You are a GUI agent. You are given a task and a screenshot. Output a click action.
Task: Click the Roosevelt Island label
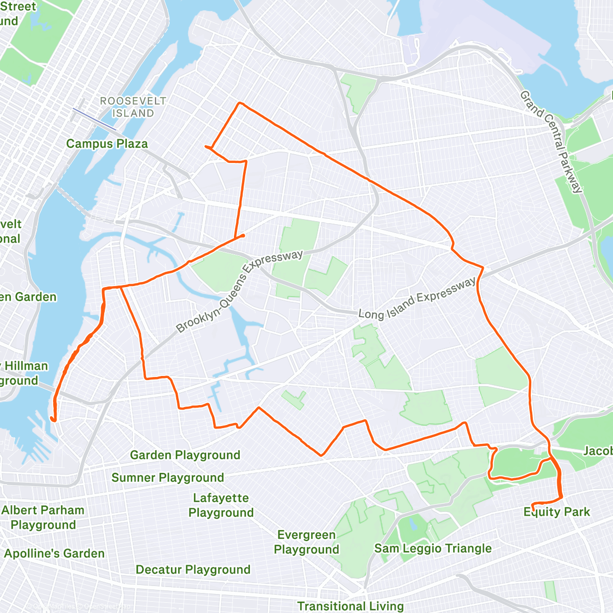133,107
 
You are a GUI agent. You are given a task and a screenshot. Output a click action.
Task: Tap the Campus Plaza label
107,144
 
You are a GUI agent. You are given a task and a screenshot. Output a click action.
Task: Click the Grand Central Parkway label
552,142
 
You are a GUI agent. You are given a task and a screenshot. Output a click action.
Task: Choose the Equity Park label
557,512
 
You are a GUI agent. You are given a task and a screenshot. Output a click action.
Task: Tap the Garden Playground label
185,455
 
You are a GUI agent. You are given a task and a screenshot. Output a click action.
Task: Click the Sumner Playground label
168,478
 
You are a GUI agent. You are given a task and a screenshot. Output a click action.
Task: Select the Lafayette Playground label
221,505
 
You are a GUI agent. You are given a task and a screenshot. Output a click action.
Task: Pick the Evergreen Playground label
306,542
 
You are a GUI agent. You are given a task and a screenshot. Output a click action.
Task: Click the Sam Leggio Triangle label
433,549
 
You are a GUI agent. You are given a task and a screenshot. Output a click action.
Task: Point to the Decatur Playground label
193,570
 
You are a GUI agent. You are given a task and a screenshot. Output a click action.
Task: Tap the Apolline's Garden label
54,554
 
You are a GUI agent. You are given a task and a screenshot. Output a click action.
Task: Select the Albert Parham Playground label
43,517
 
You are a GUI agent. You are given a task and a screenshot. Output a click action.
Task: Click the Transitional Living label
350,606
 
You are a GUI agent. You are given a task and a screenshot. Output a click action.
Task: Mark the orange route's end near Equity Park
533,509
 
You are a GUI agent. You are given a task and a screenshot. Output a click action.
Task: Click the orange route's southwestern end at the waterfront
53,419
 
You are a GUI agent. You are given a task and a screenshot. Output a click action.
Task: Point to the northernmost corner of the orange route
239,103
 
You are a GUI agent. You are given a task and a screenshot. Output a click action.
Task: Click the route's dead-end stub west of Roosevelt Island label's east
206,147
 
